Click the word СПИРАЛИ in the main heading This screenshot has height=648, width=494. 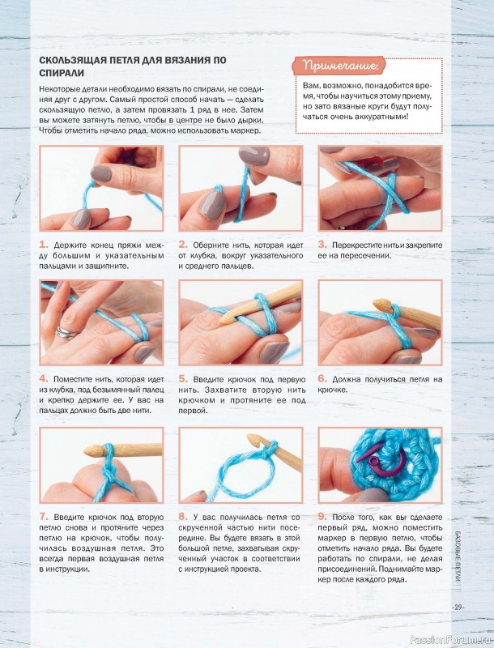tap(62, 73)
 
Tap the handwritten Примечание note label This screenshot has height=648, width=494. tap(339, 66)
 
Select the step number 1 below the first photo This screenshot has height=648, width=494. tap(44, 245)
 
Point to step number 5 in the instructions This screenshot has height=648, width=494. tap(183, 379)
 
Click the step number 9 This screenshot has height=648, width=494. tap(322, 517)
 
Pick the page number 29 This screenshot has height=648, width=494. tap(458, 607)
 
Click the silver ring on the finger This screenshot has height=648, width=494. tap(66, 332)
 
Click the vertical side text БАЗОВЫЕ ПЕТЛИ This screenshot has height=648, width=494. tap(458, 556)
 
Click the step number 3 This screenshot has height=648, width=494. tap(322, 245)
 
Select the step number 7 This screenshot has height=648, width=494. tap(44, 517)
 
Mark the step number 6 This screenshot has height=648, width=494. tap(322, 379)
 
